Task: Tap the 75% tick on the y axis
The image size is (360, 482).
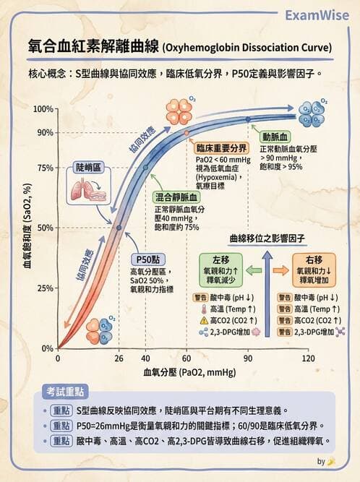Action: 45,168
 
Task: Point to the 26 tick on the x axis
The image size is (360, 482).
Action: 119,358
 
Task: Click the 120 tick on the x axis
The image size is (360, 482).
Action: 309,358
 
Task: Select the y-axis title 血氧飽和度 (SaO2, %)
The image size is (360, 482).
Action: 27,226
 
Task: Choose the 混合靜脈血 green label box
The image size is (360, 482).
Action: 177,197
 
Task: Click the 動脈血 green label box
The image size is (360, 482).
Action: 275,136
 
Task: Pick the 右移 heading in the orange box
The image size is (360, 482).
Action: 314,259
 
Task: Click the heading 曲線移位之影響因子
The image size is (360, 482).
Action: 267,238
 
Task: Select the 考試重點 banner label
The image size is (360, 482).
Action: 65,391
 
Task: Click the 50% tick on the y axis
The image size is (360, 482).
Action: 45,228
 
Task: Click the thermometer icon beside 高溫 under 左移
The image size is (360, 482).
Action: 204,309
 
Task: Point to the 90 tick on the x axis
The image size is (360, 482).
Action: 247,358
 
